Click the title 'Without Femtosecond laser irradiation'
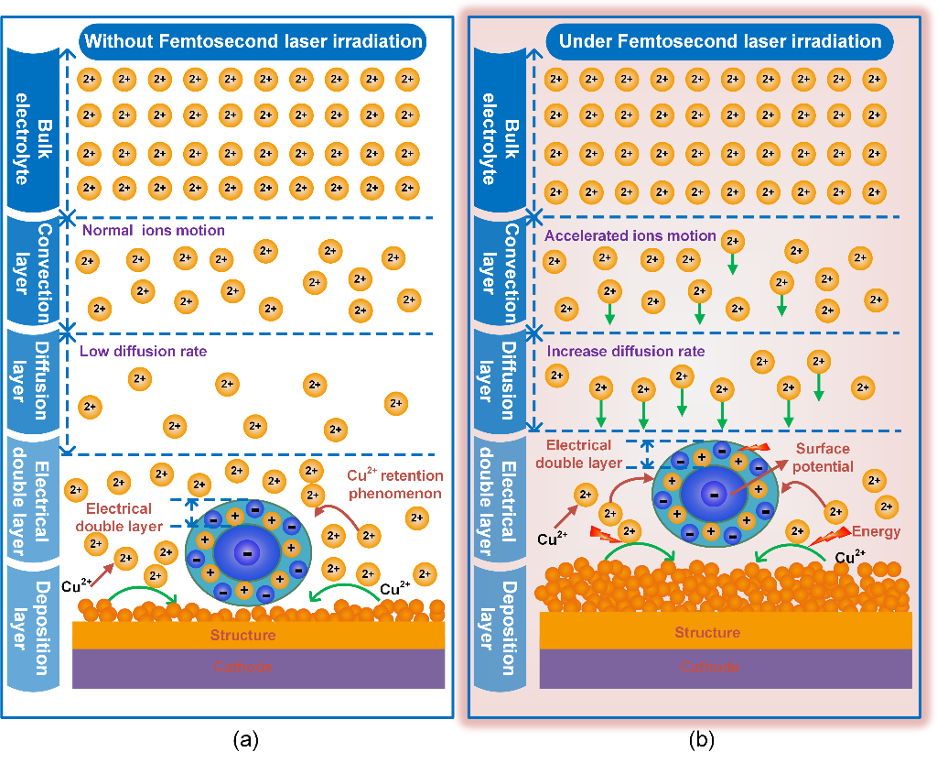point(253,41)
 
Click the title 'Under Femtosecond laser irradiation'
point(719,41)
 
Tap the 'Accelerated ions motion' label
point(630,236)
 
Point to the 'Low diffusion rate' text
point(144,351)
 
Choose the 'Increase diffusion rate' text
point(626,352)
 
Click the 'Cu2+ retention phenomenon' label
point(395,485)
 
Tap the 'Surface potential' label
point(822,457)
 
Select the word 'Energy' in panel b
point(877,531)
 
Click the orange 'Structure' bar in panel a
point(243,635)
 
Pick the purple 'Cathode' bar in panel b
point(707,666)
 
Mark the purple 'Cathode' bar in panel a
point(243,667)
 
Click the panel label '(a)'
point(243,737)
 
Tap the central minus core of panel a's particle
point(244,552)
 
